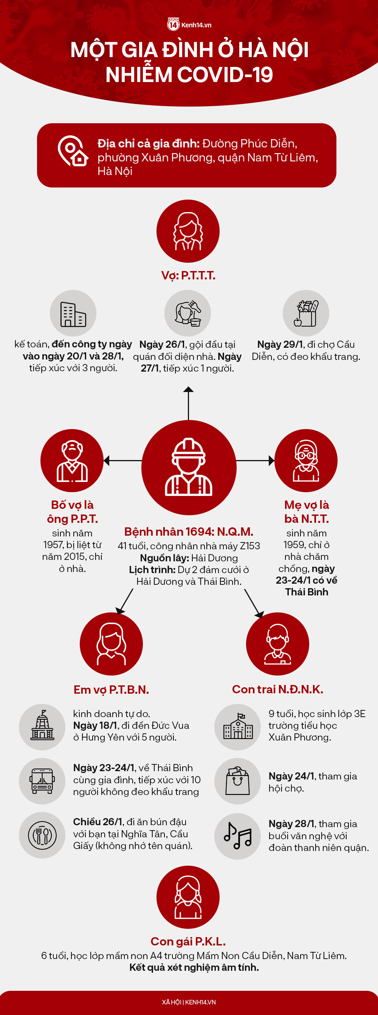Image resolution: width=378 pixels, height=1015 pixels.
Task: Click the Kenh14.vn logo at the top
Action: pyautogui.click(x=189, y=25)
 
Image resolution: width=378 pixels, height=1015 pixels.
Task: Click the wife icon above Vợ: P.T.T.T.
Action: pyautogui.click(x=188, y=231)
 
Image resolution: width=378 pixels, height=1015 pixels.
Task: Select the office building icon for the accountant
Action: pyautogui.click(x=73, y=314)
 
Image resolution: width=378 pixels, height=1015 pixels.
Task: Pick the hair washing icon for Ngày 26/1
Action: pyautogui.click(x=187, y=313)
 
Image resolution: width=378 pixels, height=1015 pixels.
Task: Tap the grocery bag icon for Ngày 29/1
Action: pyautogui.click(x=306, y=314)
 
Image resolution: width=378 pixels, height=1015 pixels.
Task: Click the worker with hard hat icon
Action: pyautogui.click(x=189, y=467)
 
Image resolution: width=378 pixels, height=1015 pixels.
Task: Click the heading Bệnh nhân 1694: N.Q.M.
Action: pyautogui.click(x=189, y=532)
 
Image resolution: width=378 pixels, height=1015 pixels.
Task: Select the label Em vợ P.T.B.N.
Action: pyautogui.click(x=111, y=690)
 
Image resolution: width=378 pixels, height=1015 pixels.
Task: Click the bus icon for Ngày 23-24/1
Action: pyautogui.click(x=42, y=781)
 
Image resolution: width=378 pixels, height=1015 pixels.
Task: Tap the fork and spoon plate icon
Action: pyautogui.click(x=42, y=835)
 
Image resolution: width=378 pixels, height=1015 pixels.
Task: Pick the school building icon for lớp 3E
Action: pyautogui.click(x=238, y=727)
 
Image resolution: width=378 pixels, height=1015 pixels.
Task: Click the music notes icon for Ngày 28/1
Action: pyautogui.click(x=238, y=836)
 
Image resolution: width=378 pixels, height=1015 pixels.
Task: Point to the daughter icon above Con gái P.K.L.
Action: pyautogui.click(x=188, y=897)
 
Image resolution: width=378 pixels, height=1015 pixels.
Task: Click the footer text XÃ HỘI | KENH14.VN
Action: pyautogui.click(x=189, y=1002)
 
